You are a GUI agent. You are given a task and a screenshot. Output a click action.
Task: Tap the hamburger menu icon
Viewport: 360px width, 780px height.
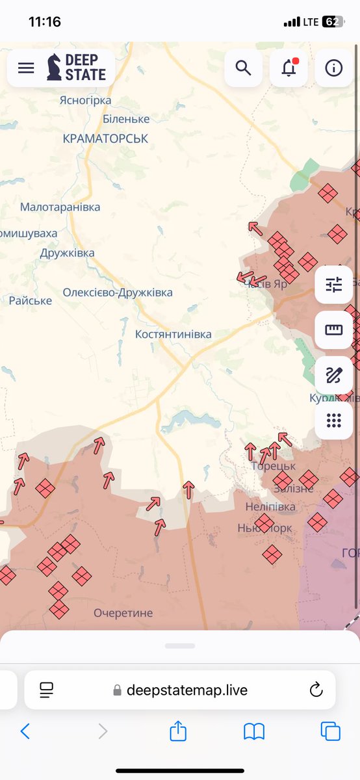pyautogui.click(x=26, y=68)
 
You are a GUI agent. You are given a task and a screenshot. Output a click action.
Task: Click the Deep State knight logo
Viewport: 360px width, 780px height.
pyautogui.click(x=55, y=68)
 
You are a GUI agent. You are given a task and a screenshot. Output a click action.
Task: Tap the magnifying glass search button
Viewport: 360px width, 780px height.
pyautogui.click(x=244, y=68)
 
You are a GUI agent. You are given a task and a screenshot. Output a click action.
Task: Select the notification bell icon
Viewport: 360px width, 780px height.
pyautogui.click(x=289, y=68)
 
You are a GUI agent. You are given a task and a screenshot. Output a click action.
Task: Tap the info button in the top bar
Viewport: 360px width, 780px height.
pyautogui.click(x=334, y=68)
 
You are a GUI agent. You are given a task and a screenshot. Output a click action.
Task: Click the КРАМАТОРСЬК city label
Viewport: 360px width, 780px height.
pyautogui.click(x=105, y=138)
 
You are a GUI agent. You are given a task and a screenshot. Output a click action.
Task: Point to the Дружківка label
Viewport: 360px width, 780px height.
pyautogui.click(x=67, y=253)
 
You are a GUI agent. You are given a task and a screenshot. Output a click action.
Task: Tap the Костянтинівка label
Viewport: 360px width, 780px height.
pyautogui.click(x=173, y=334)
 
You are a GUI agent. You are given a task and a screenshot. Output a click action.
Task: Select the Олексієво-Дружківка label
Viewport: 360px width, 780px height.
pyautogui.click(x=118, y=292)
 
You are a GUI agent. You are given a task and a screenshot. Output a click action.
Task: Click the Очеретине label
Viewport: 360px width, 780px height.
pyautogui.click(x=123, y=613)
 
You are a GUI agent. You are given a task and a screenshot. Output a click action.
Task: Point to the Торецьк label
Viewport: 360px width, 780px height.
pyautogui.click(x=273, y=466)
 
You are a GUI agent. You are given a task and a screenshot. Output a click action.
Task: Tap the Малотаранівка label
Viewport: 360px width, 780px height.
pyautogui.click(x=60, y=207)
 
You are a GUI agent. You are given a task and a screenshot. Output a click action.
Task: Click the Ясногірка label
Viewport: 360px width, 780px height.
pyautogui.click(x=85, y=100)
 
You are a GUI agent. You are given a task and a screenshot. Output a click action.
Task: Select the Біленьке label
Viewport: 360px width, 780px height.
pyautogui.click(x=126, y=119)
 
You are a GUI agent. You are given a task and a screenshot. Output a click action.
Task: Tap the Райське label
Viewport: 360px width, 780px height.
pyautogui.click(x=30, y=300)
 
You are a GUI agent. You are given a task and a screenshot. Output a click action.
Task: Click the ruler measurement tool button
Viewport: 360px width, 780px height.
pyautogui.click(x=334, y=330)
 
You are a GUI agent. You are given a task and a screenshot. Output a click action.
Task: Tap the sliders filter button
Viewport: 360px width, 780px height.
pyautogui.click(x=334, y=285)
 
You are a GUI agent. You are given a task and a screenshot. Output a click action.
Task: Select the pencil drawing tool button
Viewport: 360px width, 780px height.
pyautogui.click(x=334, y=375)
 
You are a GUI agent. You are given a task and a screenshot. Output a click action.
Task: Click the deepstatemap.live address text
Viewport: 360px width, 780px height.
pyautogui.click(x=186, y=690)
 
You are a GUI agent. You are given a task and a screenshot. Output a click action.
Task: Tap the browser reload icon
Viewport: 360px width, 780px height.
pyautogui.click(x=316, y=690)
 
